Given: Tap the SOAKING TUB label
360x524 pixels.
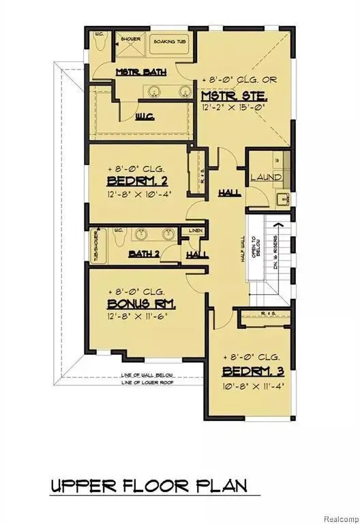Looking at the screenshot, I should [x=168, y=40].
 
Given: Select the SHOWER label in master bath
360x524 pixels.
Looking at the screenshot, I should [x=130, y=39].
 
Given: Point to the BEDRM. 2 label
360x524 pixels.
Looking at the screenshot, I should [x=139, y=181].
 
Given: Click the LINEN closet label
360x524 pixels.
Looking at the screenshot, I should [x=194, y=231].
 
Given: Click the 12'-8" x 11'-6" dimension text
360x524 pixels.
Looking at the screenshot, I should [x=138, y=316].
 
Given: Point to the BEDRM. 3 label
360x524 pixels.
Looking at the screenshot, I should [x=252, y=372].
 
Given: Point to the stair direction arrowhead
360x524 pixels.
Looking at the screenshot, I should [x=277, y=224].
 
